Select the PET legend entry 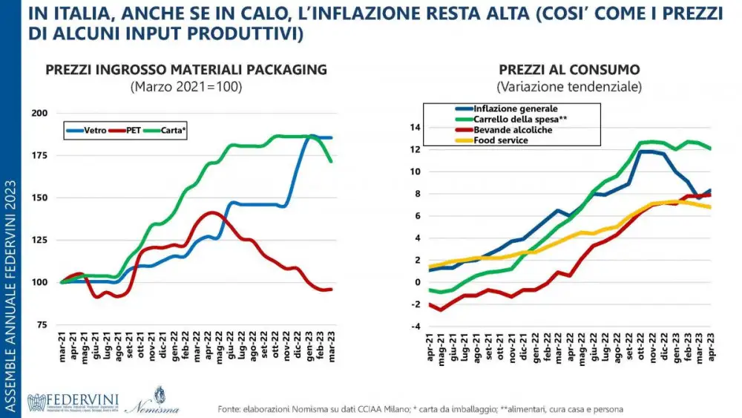131,128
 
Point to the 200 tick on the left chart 39,113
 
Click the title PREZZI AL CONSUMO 569,70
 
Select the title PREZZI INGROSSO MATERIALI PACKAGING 185,70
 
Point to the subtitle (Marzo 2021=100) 186,86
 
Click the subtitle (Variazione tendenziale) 569,87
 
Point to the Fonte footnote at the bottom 420,409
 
